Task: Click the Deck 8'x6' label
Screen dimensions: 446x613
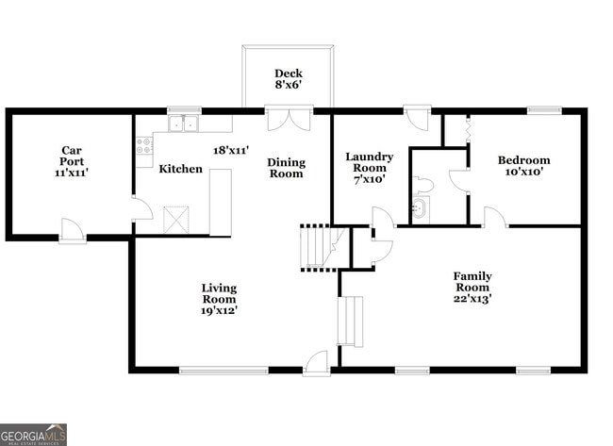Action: (288, 80)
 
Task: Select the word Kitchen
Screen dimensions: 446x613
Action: (180, 169)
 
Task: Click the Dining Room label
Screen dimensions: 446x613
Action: (286, 168)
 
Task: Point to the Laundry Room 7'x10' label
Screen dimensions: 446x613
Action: (369, 167)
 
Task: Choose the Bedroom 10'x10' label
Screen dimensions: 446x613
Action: (523, 166)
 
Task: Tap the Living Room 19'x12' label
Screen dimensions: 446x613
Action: (219, 298)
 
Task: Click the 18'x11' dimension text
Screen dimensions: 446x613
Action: (232, 150)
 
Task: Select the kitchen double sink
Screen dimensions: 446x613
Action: (183, 123)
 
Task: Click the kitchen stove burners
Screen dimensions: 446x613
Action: (144, 146)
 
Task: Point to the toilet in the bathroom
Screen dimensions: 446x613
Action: (422, 184)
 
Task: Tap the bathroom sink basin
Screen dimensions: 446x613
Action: (420, 209)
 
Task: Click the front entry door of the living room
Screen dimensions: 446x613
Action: (317, 362)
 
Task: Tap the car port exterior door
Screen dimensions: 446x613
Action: (73, 230)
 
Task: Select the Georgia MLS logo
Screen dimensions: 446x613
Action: (34, 434)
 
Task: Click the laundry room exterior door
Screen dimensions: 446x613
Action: (416, 117)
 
